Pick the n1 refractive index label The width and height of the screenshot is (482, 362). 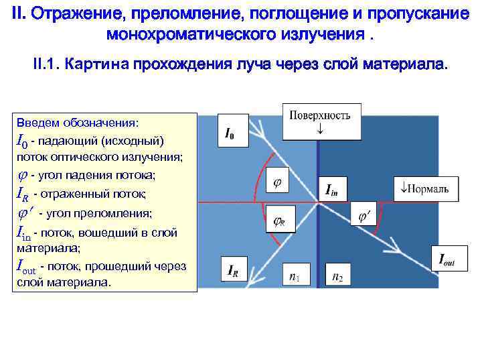pos(294,276)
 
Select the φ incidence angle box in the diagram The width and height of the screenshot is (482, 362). pos(278,182)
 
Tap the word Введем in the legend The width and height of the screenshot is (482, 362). pos(37,123)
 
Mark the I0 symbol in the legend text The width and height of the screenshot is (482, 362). pos(21,142)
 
